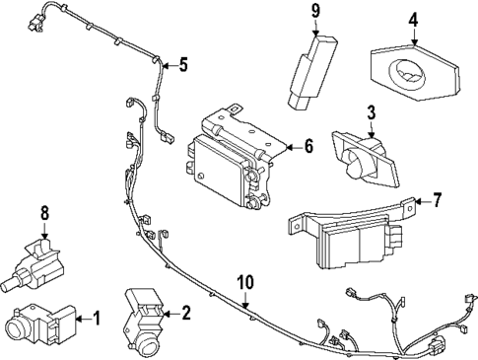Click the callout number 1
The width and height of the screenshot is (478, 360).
point(96,318)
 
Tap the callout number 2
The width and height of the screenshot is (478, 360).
point(186,313)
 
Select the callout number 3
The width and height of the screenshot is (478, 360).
point(372,113)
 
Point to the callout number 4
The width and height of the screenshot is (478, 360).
point(414,18)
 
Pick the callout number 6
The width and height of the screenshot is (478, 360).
point(307,146)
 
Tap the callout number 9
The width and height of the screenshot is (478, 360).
point(316,12)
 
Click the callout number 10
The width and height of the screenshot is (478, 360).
point(244,284)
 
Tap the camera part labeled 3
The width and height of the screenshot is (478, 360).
point(363,156)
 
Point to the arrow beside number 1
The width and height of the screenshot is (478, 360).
point(83,318)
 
